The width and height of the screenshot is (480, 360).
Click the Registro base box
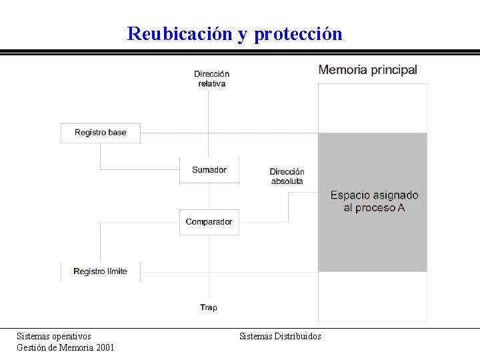coord(100,133)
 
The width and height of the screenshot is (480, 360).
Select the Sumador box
coord(209,170)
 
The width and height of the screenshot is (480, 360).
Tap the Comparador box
coord(209,222)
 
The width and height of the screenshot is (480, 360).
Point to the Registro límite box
coord(100,271)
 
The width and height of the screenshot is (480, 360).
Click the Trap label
coord(209,307)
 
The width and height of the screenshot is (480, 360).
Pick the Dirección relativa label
coord(211,79)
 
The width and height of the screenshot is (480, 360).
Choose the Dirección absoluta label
coord(287,176)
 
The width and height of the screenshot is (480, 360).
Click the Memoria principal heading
coord(367,70)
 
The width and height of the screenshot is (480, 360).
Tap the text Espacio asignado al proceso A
coord(374,201)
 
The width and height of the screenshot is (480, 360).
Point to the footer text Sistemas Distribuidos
coord(280,336)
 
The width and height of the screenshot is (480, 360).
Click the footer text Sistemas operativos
coord(54,336)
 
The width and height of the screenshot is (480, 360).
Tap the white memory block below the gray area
coord(372,296)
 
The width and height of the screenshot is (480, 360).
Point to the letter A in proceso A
coord(401,208)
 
